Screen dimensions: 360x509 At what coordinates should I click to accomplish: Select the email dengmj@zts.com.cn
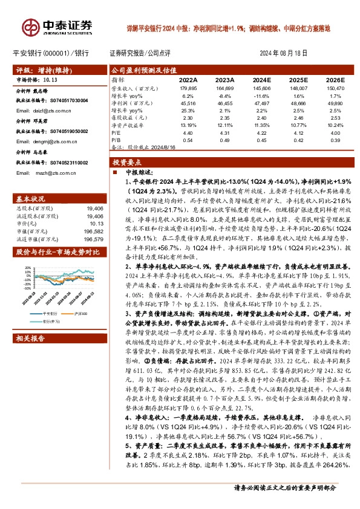pos(40,141)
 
